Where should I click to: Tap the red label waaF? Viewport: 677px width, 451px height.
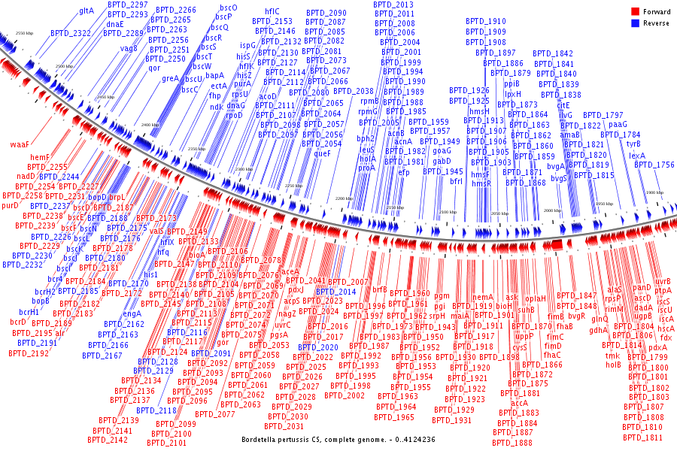[20, 143]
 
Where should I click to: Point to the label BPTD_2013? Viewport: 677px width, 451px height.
[393, 5]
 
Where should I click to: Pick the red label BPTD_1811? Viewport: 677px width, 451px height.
[643, 437]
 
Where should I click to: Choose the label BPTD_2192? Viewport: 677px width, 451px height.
[29, 353]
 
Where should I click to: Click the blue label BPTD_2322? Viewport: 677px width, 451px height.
[71, 33]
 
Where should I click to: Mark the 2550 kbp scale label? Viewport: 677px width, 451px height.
[25, 34]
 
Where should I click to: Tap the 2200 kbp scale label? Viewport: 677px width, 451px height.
[345, 198]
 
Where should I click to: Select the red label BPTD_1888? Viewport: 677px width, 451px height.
[513, 443]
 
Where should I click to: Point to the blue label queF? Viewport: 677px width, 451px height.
[323, 153]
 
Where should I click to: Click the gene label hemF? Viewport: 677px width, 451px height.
[40, 157]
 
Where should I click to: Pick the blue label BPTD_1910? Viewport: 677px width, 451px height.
[486, 22]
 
